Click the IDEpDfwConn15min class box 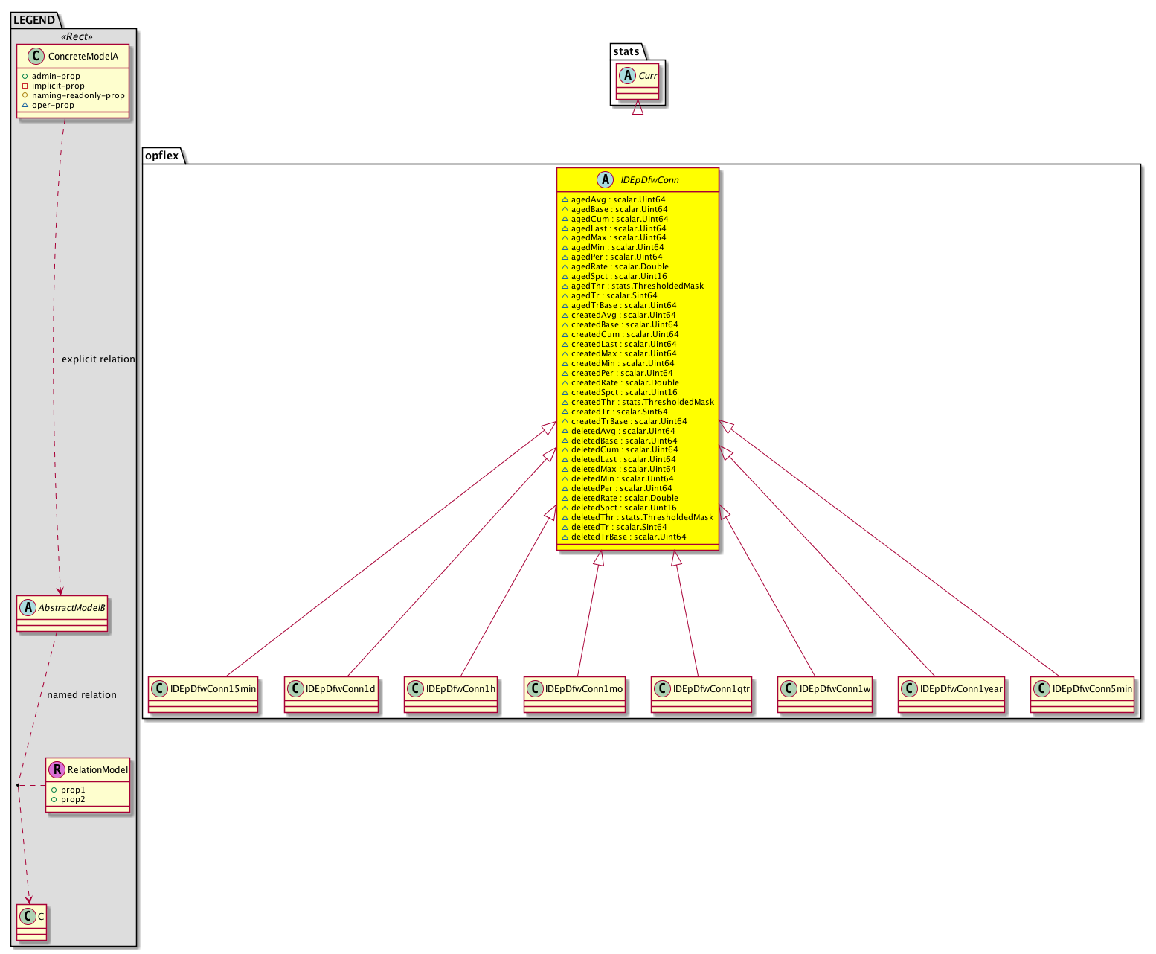[202, 694]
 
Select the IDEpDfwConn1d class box [331, 694]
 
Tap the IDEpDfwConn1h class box [451, 694]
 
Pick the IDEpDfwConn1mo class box [575, 694]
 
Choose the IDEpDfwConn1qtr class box [701, 694]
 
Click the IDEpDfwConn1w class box [824, 694]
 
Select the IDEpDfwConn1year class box [951, 694]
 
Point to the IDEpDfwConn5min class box [1082, 694]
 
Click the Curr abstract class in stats [638, 81]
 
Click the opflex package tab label [161, 156]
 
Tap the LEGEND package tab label [34, 20]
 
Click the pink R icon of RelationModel [57, 769]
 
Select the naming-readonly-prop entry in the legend [77, 95]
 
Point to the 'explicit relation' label [98, 359]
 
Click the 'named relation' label [82, 695]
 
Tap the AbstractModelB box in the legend [62, 613]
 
